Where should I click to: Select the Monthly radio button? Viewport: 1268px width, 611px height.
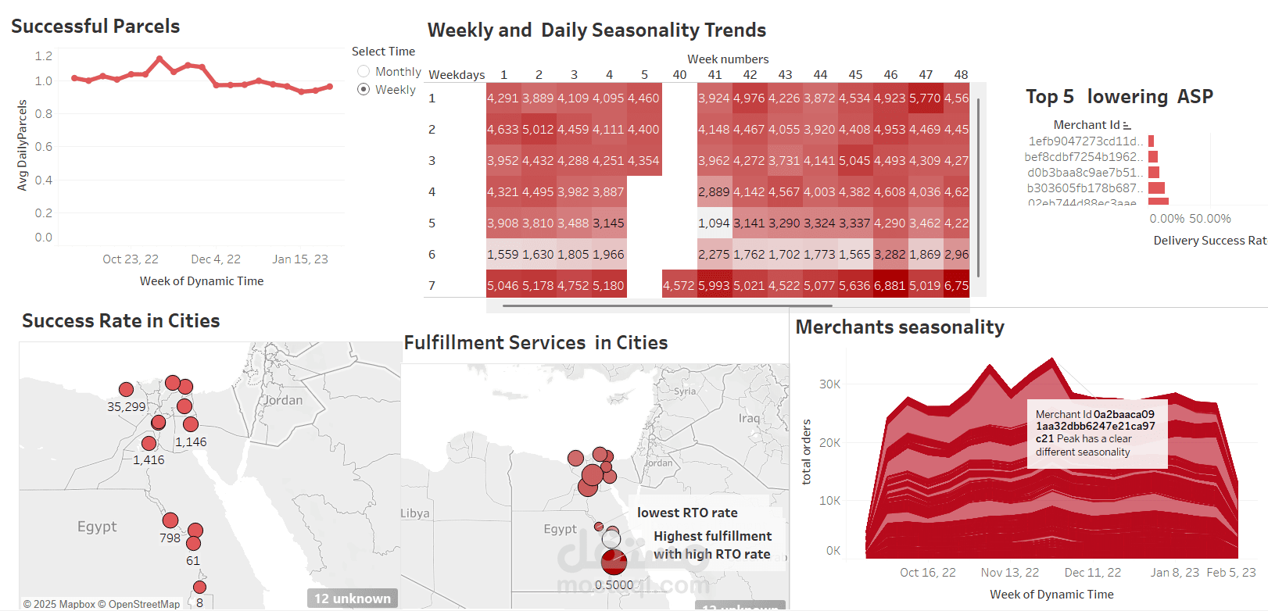pos(364,71)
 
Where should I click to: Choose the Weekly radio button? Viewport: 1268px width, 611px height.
pos(364,89)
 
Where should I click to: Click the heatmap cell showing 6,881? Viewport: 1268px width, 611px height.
pos(890,285)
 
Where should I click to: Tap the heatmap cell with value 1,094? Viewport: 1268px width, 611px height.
pos(714,223)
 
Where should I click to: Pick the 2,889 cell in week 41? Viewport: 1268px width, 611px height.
pos(714,191)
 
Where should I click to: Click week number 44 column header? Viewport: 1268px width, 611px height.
pos(820,74)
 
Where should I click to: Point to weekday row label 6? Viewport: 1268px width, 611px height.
pos(432,254)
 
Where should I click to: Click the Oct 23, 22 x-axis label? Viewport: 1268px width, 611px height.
pos(130,259)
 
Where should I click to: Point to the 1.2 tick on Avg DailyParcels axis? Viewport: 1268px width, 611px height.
pos(44,55)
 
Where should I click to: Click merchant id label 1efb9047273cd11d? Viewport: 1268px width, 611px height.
pos(1085,141)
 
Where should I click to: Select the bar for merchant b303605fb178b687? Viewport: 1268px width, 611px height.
pos(1157,188)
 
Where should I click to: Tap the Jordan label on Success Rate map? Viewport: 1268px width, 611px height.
pos(283,400)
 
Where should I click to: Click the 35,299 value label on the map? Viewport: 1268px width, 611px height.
pos(127,406)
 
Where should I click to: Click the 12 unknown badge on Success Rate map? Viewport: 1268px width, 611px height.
pos(353,598)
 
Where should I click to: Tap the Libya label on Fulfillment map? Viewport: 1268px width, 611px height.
pos(415,513)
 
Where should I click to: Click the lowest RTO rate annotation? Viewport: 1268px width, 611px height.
pos(687,513)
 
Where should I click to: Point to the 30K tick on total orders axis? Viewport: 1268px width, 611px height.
pos(829,384)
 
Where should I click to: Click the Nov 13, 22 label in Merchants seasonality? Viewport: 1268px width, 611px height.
pos(1010,572)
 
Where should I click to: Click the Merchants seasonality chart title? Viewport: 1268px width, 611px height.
pos(900,327)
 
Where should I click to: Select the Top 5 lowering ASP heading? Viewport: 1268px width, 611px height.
pos(1119,96)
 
